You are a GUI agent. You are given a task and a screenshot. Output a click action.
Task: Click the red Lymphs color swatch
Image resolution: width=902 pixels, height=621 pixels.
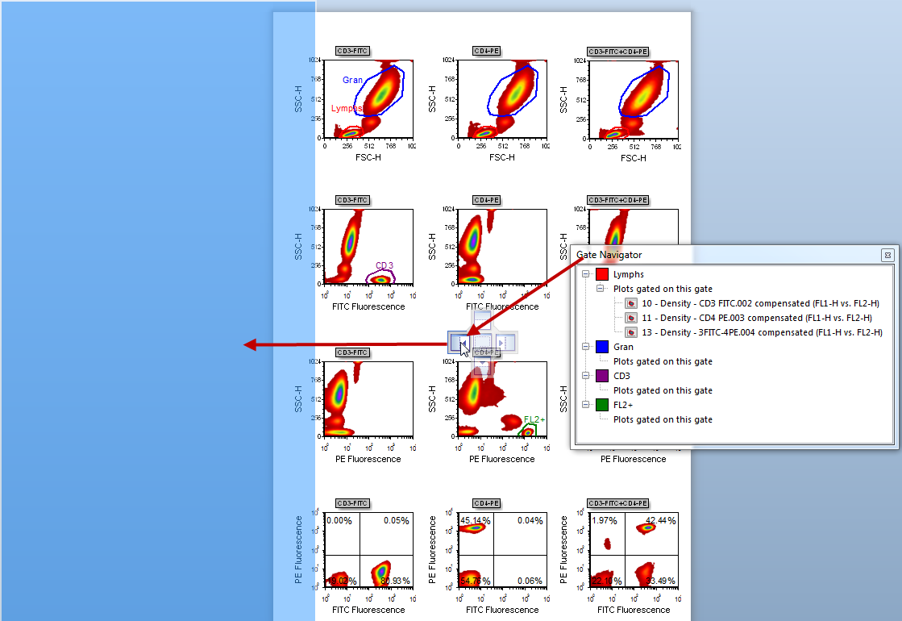[602, 275]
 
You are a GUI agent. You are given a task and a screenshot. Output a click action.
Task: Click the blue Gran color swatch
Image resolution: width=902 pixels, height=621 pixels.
[602, 347]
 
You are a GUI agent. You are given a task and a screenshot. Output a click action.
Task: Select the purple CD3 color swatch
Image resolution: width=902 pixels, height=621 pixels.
[602, 376]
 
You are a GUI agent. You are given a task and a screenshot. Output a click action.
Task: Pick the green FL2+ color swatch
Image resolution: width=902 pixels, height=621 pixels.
[602, 405]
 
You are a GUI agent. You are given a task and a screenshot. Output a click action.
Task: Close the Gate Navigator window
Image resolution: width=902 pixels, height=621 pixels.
[887, 255]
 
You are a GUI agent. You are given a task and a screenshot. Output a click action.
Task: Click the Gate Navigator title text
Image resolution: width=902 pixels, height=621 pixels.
[609, 255]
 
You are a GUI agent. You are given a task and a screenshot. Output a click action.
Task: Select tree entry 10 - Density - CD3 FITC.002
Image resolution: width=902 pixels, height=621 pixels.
[760, 303]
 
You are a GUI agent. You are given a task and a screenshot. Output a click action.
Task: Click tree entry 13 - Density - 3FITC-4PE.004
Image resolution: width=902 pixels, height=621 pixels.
[762, 332]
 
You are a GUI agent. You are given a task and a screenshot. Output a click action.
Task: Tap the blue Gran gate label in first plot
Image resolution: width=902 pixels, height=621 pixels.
[352, 80]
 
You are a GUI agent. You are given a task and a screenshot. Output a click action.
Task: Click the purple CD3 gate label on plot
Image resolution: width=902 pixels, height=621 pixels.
[384, 265]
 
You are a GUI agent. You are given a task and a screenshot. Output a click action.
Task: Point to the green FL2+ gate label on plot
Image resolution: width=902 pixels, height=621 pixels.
[534, 419]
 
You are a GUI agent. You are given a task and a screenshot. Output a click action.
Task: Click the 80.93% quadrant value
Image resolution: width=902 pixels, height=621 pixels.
[396, 581]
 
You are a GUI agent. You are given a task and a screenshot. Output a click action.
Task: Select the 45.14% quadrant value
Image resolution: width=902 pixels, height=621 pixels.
[475, 520]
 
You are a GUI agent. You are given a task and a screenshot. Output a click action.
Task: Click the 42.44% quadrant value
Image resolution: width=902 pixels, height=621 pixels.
[661, 520]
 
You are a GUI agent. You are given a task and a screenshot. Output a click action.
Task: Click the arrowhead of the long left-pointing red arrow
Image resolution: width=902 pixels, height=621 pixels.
[250, 345]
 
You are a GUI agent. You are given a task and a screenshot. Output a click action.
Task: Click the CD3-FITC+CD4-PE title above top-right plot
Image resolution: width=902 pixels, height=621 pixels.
[618, 52]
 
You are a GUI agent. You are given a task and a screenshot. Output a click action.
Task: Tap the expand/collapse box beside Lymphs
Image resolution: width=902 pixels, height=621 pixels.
[586, 275]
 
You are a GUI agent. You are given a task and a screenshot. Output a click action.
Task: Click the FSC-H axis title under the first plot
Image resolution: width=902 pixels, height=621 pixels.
[368, 157]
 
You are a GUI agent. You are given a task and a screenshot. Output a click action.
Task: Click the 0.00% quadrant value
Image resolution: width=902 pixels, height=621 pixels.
[339, 520]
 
